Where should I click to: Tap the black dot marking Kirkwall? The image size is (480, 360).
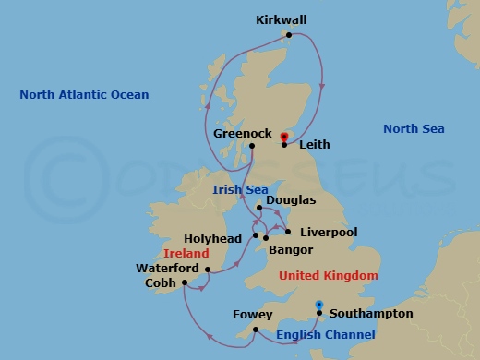pyautogui.click(x=289, y=36)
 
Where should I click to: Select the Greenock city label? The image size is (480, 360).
pyautogui.click(x=242, y=133)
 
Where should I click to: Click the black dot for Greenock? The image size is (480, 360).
pyautogui.click(x=252, y=146)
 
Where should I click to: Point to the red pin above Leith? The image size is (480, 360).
pyautogui.click(x=283, y=137)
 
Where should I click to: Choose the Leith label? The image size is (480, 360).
pyautogui.click(x=314, y=145)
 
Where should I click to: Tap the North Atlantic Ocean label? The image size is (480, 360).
pyautogui.click(x=84, y=94)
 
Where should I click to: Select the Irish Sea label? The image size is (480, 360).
pyautogui.click(x=240, y=189)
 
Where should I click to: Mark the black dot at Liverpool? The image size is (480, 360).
pyautogui.click(x=289, y=232)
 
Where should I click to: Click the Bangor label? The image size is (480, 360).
pyautogui.click(x=292, y=250)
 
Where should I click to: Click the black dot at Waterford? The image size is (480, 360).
pyautogui.click(x=209, y=270)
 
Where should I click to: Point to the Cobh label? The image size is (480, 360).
pyautogui.click(x=162, y=283)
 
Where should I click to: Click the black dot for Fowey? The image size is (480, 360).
pyautogui.click(x=255, y=328)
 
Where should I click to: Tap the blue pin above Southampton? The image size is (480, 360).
pyautogui.click(x=318, y=304)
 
